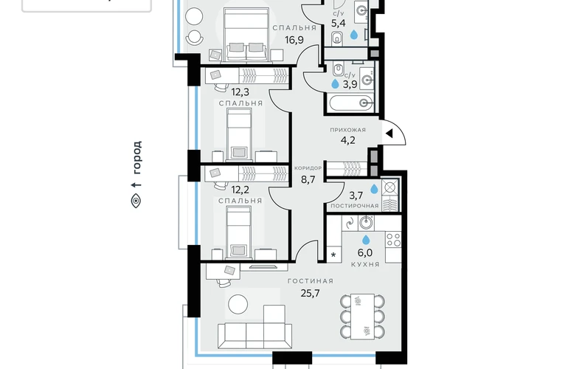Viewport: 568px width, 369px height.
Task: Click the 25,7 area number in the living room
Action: click(x=311, y=293)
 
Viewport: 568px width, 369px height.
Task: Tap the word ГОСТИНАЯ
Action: click(x=311, y=281)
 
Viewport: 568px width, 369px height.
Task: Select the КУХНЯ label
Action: click(x=365, y=265)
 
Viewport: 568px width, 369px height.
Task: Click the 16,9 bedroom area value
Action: click(x=294, y=40)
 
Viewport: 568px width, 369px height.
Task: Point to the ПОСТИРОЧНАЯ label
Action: click(x=355, y=206)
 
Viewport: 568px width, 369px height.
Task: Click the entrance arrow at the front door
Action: click(x=389, y=134)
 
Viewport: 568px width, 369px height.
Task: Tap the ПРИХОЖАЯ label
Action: click(x=347, y=130)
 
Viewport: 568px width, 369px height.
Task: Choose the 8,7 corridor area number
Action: click(x=308, y=179)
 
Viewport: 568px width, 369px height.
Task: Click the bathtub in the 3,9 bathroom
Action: click(x=350, y=103)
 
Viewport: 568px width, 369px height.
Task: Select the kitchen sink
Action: click(x=366, y=223)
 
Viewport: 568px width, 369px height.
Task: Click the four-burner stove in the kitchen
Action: click(x=393, y=240)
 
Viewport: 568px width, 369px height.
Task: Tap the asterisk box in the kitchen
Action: click(x=333, y=255)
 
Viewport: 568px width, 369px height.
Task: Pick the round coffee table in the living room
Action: click(x=238, y=305)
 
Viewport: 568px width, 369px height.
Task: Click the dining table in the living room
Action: click(x=363, y=317)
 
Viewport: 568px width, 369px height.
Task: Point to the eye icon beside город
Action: click(x=136, y=201)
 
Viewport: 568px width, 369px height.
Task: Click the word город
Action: click(x=136, y=157)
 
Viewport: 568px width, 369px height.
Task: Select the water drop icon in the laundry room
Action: click(x=374, y=189)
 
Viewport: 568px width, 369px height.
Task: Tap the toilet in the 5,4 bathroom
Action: click(x=337, y=38)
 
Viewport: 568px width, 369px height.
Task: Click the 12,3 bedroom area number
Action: click(x=240, y=92)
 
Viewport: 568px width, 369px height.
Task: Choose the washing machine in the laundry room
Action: click(x=389, y=187)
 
